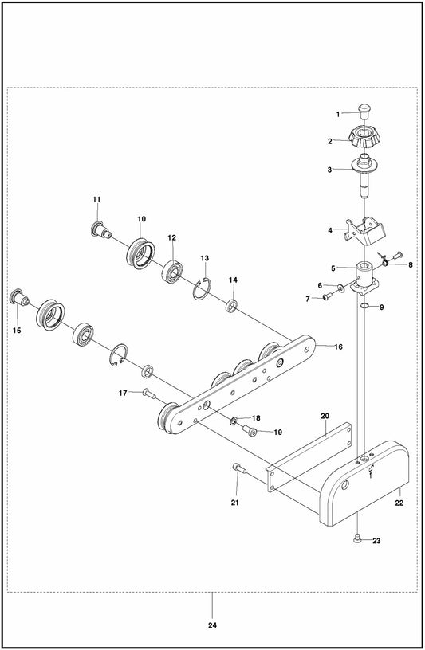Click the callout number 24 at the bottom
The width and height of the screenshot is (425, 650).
pyautogui.click(x=212, y=625)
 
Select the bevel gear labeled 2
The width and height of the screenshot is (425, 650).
pyautogui.click(x=365, y=139)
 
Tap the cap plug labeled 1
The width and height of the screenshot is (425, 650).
pyautogui.click(x=364, y=110)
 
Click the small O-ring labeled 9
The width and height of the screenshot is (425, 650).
pyautogui.click(x=364, y=306)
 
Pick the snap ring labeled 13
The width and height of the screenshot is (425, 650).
pyautogui.click(x=202, y=288)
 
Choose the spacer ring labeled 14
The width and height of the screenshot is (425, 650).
pyautogui.click(x=231, y=306)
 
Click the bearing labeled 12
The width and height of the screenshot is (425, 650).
pyautogui.click(x=172, y=271)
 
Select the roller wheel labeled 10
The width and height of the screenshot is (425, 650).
pyautogui.click(x=140, y=253)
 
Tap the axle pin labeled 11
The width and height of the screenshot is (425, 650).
pyautogui.click(x=100, y=230)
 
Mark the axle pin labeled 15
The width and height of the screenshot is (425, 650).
pyautogui.click(x=18, y=298)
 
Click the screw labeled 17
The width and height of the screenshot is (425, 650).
pyautogui.click(x=148, y=394)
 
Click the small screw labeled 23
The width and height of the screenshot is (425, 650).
pyautogui.click(x=356, y=539)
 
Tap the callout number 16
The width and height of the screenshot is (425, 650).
pyautogui.click(x=338, y=347)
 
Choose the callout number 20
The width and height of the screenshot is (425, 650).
pyautogui.click(x=325, y=415)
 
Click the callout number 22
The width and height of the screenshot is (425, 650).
pyautogui.click(x=399, y=503)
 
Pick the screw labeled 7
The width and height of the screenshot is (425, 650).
pyautogui.click(x=328, y=296)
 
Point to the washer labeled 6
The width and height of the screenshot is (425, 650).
pyautogui.click(x=340, y=288)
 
